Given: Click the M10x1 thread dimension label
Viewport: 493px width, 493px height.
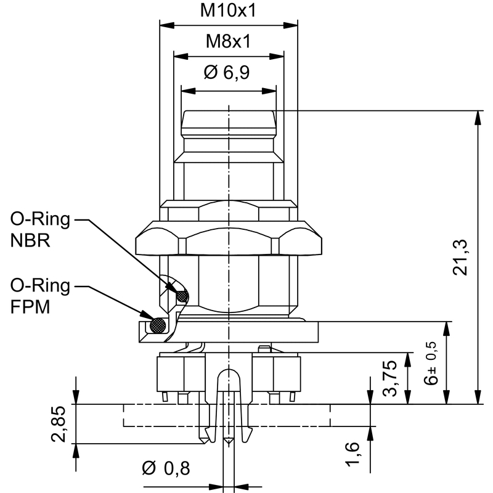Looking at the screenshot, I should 228,10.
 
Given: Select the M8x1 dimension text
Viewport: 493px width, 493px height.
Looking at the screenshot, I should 228,41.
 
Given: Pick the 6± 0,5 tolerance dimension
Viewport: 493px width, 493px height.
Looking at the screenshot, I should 431,364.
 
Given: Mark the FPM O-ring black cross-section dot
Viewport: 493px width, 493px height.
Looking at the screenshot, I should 159,324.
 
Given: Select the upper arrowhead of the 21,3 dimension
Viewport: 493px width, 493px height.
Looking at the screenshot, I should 478,116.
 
